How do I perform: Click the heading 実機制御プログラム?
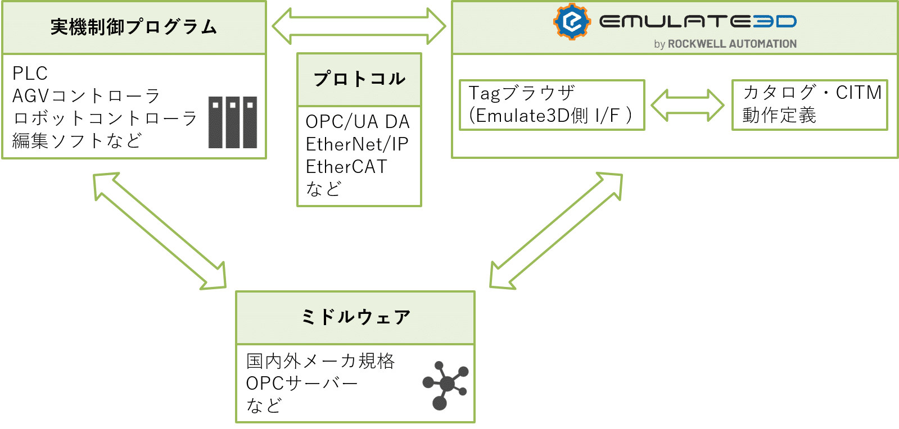pyautogui.click(x=134, y=27)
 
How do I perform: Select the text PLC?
pyautogui.click(x=30, y=74)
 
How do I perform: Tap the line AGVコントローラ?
pyautogui.click(x=87, y=96)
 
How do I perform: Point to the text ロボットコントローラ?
pyautogui.click(x=105, y=118)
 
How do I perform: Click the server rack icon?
pyautogui.click(x=233, y=122)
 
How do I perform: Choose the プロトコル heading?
pyautogui.click(x=359, y=79)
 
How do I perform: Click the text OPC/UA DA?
pyautogui.click(x=358, y=122)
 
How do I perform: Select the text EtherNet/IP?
pyautogui.click(x=357, y=144)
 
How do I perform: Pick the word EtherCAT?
pyautogui.click(x=346, y=167)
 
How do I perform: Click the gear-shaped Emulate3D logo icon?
pyautogui.click(x=572, y=22)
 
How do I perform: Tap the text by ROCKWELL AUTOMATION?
pyautogui.click(x=725, y=44)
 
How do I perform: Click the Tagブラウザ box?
pyautogui.click(x=552, y=105)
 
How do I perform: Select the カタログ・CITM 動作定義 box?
pyautogui.click(x=809, y=105)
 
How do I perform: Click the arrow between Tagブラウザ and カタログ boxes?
pyautogui.click(x=688, y=105)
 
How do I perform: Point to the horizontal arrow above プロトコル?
pyautogui.click(x=359, y=26)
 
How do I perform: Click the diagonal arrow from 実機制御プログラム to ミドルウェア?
pyautogui.click(x=160, y=231)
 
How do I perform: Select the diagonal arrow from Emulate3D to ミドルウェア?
pyautogui.click(x=556, y=231)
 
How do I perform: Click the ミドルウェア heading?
pyautogui.click(x=355, y=317)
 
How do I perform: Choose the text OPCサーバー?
pyautogui.click(x=302, y=384)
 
